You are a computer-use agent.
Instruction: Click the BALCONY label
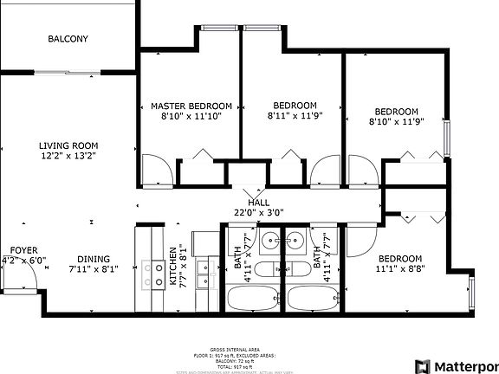[x=67, y=39]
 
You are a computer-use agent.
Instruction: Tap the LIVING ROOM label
[x=68, y=145]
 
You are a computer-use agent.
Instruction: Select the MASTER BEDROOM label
[x=191, y=106]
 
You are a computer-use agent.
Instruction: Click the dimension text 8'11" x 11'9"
[x=294, y=117]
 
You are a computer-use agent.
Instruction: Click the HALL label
[x=258, y=202]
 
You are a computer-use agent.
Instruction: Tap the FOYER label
[x=17, y=249]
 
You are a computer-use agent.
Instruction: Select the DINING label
[x=94, y=259]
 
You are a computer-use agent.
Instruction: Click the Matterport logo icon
[x=424, y=364]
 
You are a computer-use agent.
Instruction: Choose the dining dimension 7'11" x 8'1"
[x=94, y=269]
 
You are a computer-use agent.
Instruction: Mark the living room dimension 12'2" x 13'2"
[x=68, y=157]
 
